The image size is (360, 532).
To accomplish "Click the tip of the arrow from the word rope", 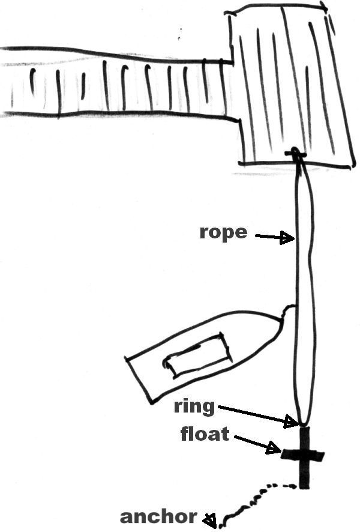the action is click(x=294, y=238).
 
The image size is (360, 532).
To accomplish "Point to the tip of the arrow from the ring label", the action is click(x=298, y=423).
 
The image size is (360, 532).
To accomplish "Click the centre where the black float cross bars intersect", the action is click(x=304, y=456).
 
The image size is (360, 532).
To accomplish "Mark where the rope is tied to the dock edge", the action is click(x=296, y=154).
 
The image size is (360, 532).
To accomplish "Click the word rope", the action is click(x=223, y=233).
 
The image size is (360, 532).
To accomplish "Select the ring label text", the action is click(x=194, y=407).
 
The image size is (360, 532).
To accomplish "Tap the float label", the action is click(x=205, y=434).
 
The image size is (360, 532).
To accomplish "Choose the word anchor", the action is click(x=158, y=517).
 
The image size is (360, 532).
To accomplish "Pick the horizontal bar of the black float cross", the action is click(x=303, y=456).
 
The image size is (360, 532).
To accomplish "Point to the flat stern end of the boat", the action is click(x=139, y=381).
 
